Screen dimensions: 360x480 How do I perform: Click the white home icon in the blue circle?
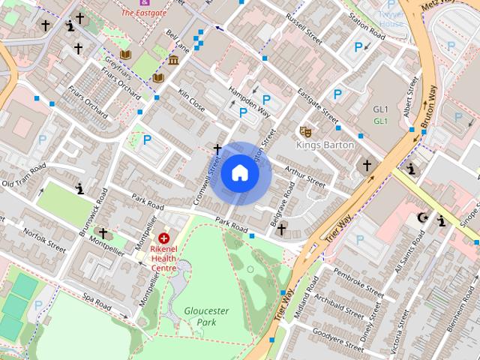click(239, 173)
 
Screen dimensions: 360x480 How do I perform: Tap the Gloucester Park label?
click(206, 316)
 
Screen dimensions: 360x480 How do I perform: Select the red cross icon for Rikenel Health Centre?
click(163, 238)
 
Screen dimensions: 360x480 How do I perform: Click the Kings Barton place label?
click(325, 145)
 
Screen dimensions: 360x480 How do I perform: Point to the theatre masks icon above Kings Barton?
click(305, 131)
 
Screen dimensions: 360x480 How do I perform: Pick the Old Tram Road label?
click(24, 175)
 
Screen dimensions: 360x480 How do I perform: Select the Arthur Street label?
click(305, 176)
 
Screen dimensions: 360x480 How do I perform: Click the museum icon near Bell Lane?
click(174, 60)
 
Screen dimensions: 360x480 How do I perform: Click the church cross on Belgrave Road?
click(282, 229)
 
